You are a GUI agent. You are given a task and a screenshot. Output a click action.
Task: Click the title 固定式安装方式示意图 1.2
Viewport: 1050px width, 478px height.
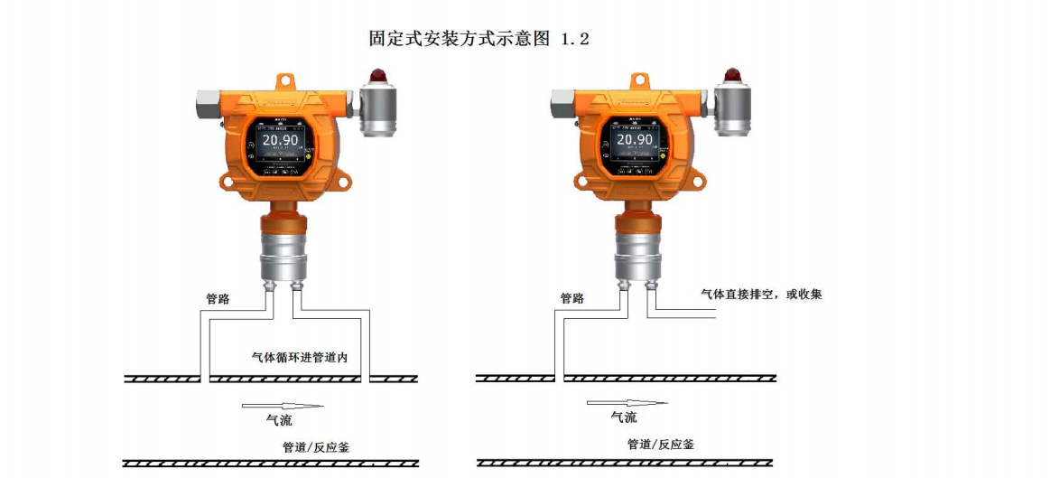click(x=479, y=39)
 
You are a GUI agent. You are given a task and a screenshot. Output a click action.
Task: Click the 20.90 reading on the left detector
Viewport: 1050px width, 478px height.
click(x=280, y=140)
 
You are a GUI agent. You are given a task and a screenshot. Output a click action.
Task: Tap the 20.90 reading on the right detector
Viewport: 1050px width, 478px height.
click(x=635, y=140)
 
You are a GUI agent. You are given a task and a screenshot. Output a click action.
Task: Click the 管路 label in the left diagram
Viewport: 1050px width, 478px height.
click(x=218, y=299)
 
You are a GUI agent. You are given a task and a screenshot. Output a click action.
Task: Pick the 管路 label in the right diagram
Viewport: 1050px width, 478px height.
click(x=572, y=299)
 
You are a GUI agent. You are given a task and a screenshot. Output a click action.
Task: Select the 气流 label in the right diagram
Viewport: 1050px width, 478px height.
click(x=624, y=417)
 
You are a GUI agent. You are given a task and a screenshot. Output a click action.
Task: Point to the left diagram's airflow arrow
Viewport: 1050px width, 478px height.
click(x=283, y=405)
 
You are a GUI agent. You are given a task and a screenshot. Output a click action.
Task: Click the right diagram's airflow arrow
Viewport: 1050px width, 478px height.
click(x=627, y=402)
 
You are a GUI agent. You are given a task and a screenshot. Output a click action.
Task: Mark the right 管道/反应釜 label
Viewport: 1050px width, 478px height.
click(x=661, y=445)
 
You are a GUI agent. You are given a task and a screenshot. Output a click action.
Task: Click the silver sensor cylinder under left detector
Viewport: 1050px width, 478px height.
click(x=283, y=255)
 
